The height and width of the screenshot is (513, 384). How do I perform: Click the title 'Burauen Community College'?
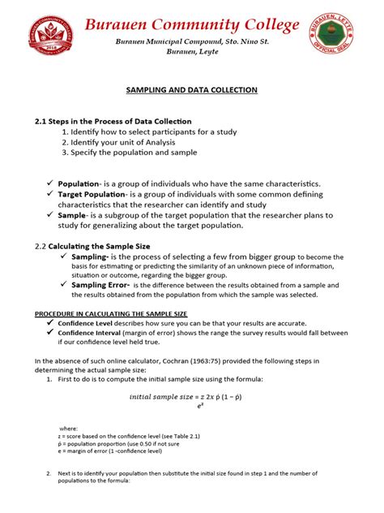[x=192, y=25]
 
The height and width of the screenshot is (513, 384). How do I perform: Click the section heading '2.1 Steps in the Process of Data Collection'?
[x=113, y=121]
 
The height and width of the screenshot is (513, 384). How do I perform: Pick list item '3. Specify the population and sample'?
[x=134, y=153]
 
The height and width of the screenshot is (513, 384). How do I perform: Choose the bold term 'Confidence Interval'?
[x=89, y=333]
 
